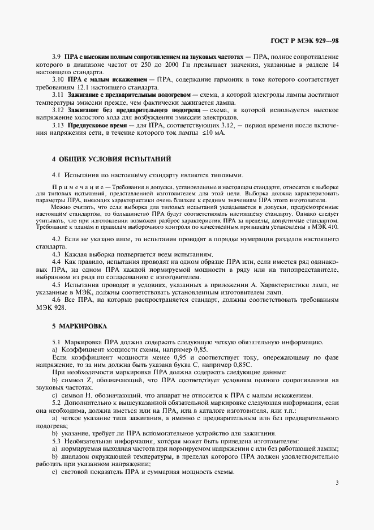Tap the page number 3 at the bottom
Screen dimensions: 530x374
tap(337, 483)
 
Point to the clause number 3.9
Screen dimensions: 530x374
tap(57, 58)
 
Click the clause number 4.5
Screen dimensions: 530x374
tap(56, 285)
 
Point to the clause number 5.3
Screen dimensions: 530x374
tap(56, 441)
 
